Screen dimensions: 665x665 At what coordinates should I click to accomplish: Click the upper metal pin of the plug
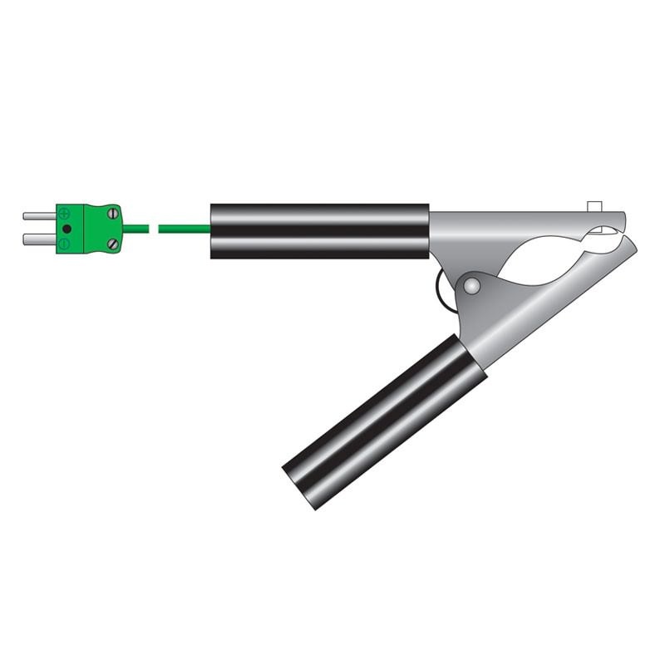[38, 217]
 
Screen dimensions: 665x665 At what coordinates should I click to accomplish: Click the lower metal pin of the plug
[38, 239]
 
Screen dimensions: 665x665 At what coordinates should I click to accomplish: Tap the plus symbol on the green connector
[65, 213]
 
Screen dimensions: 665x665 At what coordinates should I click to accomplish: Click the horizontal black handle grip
[320, 230]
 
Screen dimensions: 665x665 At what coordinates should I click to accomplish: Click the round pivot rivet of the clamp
[471, 287]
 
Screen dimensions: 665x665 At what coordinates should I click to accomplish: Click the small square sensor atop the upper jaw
[594, 205]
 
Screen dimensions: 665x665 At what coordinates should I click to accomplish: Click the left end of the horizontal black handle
[214, 230]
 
